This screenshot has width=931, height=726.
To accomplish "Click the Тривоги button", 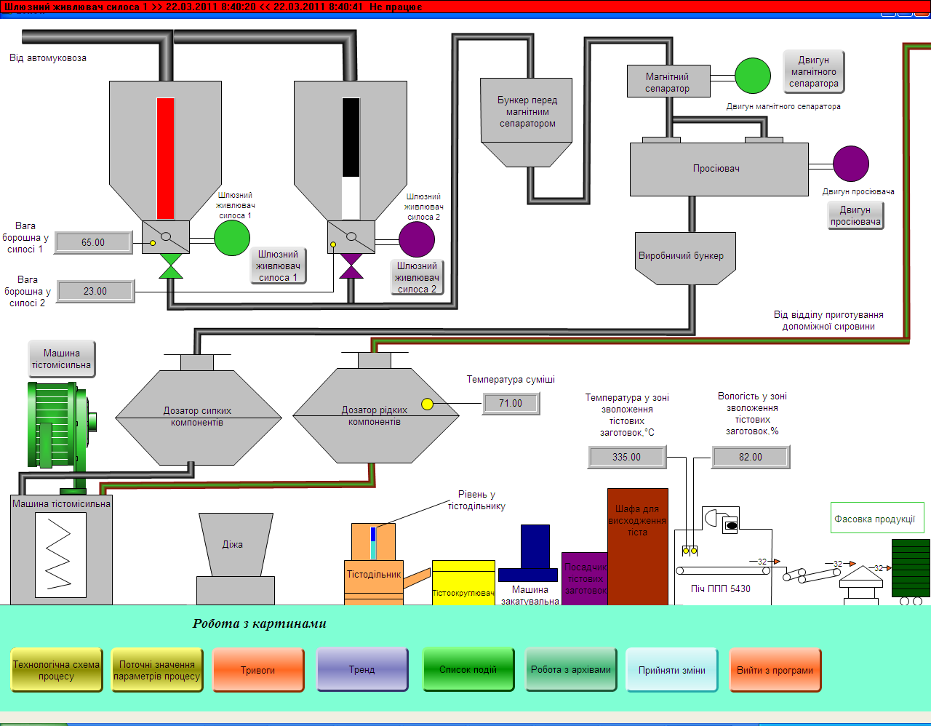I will click(x=257, y=670).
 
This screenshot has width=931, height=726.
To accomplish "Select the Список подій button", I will click(x=468, y=670).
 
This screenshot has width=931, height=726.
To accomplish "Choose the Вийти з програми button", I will click(x=775, y=670).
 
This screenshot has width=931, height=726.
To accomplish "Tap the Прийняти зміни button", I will click(x=671, y=670).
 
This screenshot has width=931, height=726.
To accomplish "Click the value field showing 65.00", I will click(x=93, y=242).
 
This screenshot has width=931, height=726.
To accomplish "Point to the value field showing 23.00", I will click(x=95, y=291).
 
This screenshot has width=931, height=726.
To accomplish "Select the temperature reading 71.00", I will click(x=511, y=403).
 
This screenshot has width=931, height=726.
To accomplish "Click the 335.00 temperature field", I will click(x=626, y=457).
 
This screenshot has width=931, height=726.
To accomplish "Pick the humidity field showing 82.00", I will click(x=751, y=457).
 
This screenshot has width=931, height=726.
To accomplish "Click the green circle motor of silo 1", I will click(x=232, y=238).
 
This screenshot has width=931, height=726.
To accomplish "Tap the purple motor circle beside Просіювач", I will click(x=850, y=164).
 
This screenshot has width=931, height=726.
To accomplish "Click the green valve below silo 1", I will click(x=171, y=266).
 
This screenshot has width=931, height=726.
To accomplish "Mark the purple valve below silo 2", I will click(x=351, y=266).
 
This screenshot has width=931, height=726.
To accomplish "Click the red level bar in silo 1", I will click(x=166, y=159).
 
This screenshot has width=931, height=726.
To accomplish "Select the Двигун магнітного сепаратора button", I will click(x=813, y=72).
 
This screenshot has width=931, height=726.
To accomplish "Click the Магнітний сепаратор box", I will click(x=667, y=81).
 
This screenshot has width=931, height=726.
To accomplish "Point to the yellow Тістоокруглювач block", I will click(x=463, y=582).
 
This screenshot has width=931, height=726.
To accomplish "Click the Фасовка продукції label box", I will click(x=876, y=518).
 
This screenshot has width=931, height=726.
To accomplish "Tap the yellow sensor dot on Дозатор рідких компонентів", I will click(x=427, y=404).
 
